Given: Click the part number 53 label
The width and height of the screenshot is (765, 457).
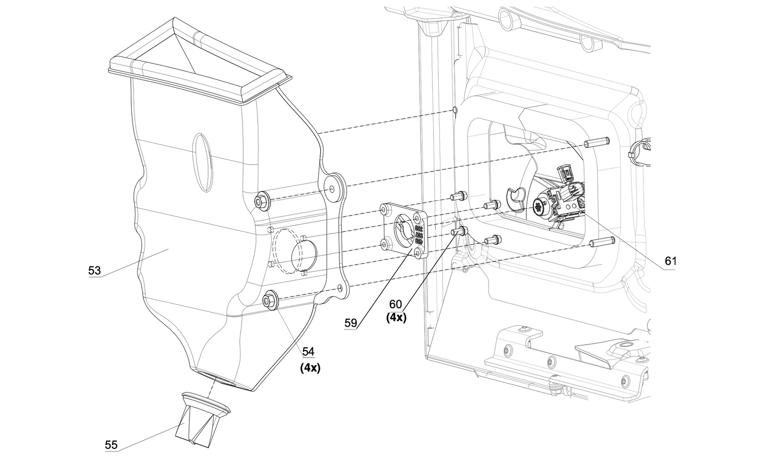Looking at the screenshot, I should (94, 271).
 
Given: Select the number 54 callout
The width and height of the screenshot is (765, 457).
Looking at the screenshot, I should (308, 352).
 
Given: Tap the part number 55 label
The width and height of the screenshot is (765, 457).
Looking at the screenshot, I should (111, 445).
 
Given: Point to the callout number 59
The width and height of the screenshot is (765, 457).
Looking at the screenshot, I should (350, 322).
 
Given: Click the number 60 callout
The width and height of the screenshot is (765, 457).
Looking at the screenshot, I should (395, 304).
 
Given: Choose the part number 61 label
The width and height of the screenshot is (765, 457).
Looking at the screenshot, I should (670, 262).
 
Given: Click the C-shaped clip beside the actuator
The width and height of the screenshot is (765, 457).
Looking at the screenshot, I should (515, 197).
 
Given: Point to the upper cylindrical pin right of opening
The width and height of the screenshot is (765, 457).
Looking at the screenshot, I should (597, 142).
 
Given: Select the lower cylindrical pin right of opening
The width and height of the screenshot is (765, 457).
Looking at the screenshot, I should (601, 243).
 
